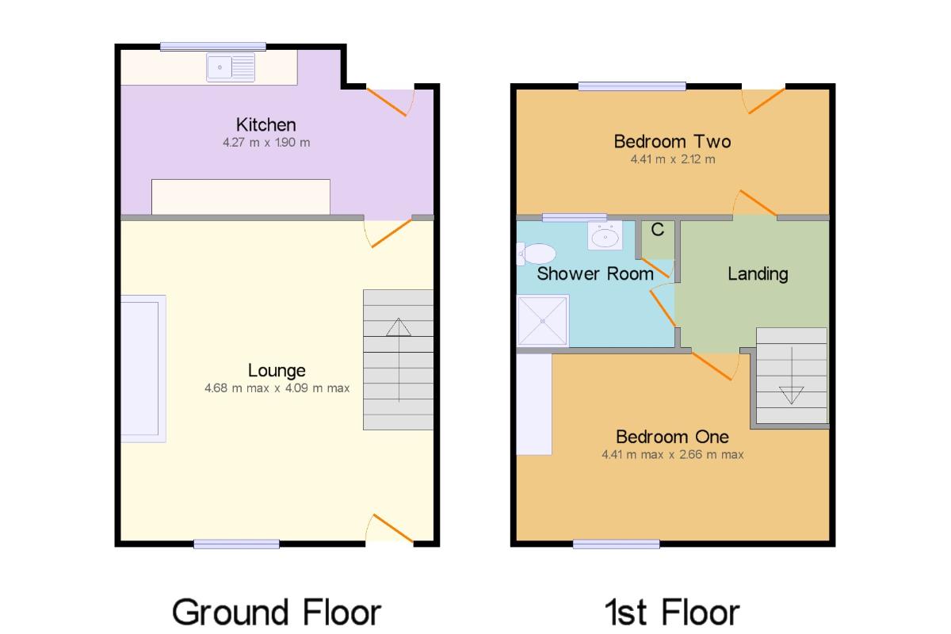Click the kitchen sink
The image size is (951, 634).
(x=231, y=67)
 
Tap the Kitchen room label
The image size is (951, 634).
(x=266, y=125)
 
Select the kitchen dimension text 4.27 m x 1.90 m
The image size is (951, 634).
(x=266, y=143)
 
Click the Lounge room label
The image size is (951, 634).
(x=277, y=371)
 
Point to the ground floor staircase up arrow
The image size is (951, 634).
(x=399, y=360)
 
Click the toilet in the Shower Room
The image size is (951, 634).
(x=537, y=254)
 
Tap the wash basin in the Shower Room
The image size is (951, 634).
(x=605, y=235)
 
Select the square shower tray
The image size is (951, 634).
(x=543, y=321)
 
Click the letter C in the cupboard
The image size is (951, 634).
(x=658, y=230)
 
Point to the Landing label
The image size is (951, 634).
(x=758, y=274)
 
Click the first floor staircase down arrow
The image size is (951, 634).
(x=792, y=376)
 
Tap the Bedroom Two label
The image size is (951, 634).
(x=673, y=142)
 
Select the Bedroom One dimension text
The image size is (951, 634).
(x=673, y=455)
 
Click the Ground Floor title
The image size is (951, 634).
(x=277, y=613)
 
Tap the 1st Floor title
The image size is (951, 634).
(x=672, y=613)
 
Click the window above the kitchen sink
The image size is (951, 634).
(x=213, y=47)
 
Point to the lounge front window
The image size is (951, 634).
(x=236, y=544)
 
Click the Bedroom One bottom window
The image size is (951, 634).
(x=617, y=544)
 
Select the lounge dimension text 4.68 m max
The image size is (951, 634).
(x=237, y=388)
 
